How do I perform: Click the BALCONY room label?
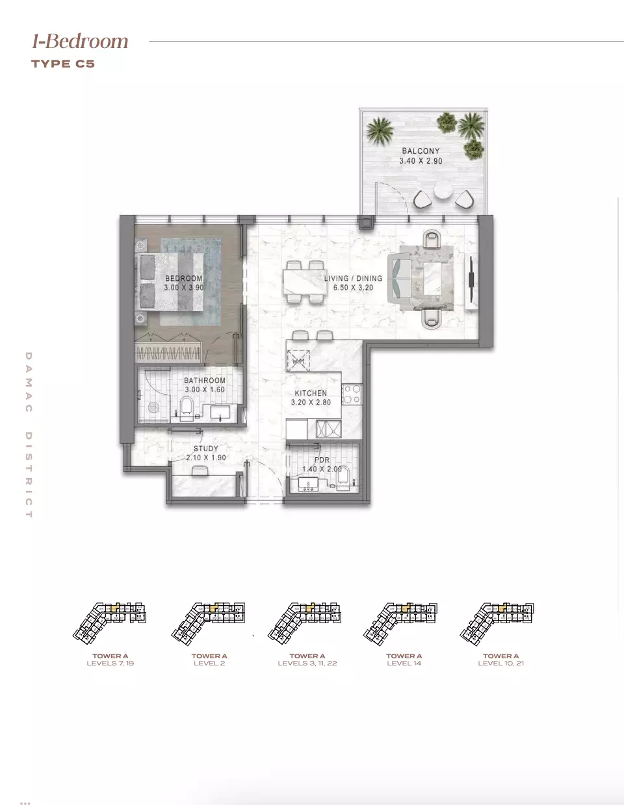point(421,151)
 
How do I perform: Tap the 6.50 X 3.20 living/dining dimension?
point(353,288)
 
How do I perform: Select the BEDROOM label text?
point(183,279)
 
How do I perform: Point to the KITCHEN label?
point(311,393)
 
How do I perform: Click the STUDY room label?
point(205,449)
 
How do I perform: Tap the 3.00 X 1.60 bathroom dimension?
point(205,390)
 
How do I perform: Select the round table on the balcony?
point(443,190)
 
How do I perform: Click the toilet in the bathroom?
point(186,409)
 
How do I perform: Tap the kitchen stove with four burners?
point(352,394)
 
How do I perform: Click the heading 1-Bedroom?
point(80,41)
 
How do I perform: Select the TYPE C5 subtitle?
point(63,64)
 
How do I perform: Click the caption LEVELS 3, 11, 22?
point(307,663)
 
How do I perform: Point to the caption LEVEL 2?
point(209,663)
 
